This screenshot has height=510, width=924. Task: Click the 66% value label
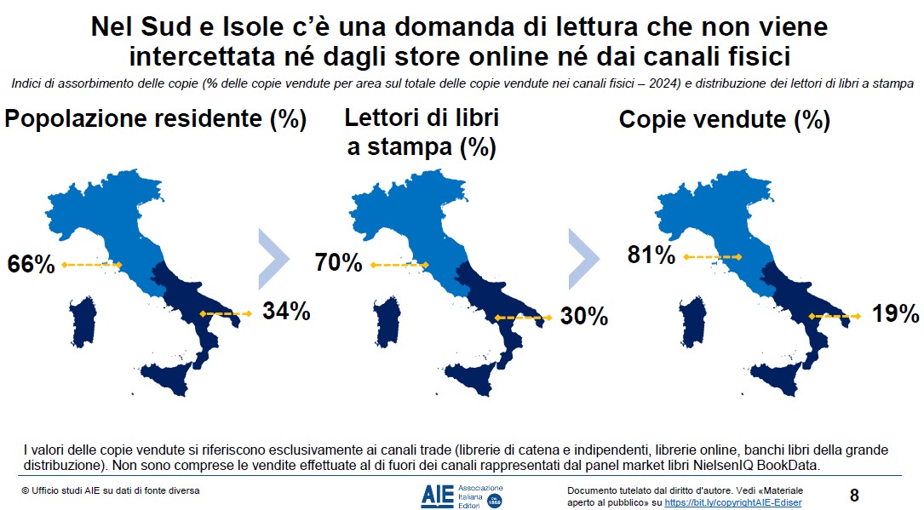click(32, 265)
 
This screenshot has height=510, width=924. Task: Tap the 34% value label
click(286, 312)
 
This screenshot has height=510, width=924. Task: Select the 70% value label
click(338, 262)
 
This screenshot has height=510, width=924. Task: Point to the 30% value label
click(584, 316)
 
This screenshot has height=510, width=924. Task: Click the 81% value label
click(651, 255)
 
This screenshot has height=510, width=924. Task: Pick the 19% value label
click(895, 314)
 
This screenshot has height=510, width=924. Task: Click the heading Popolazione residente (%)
click(156, 119)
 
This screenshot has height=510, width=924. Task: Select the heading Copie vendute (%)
click(724, 120)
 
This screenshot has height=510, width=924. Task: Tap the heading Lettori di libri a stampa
click(422, 132)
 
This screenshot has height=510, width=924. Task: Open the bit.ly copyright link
click(732, 503)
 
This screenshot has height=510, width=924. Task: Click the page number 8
click(854, 495)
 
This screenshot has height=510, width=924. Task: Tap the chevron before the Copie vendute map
click(584, 251)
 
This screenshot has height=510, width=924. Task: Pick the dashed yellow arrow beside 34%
click(227, 314)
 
